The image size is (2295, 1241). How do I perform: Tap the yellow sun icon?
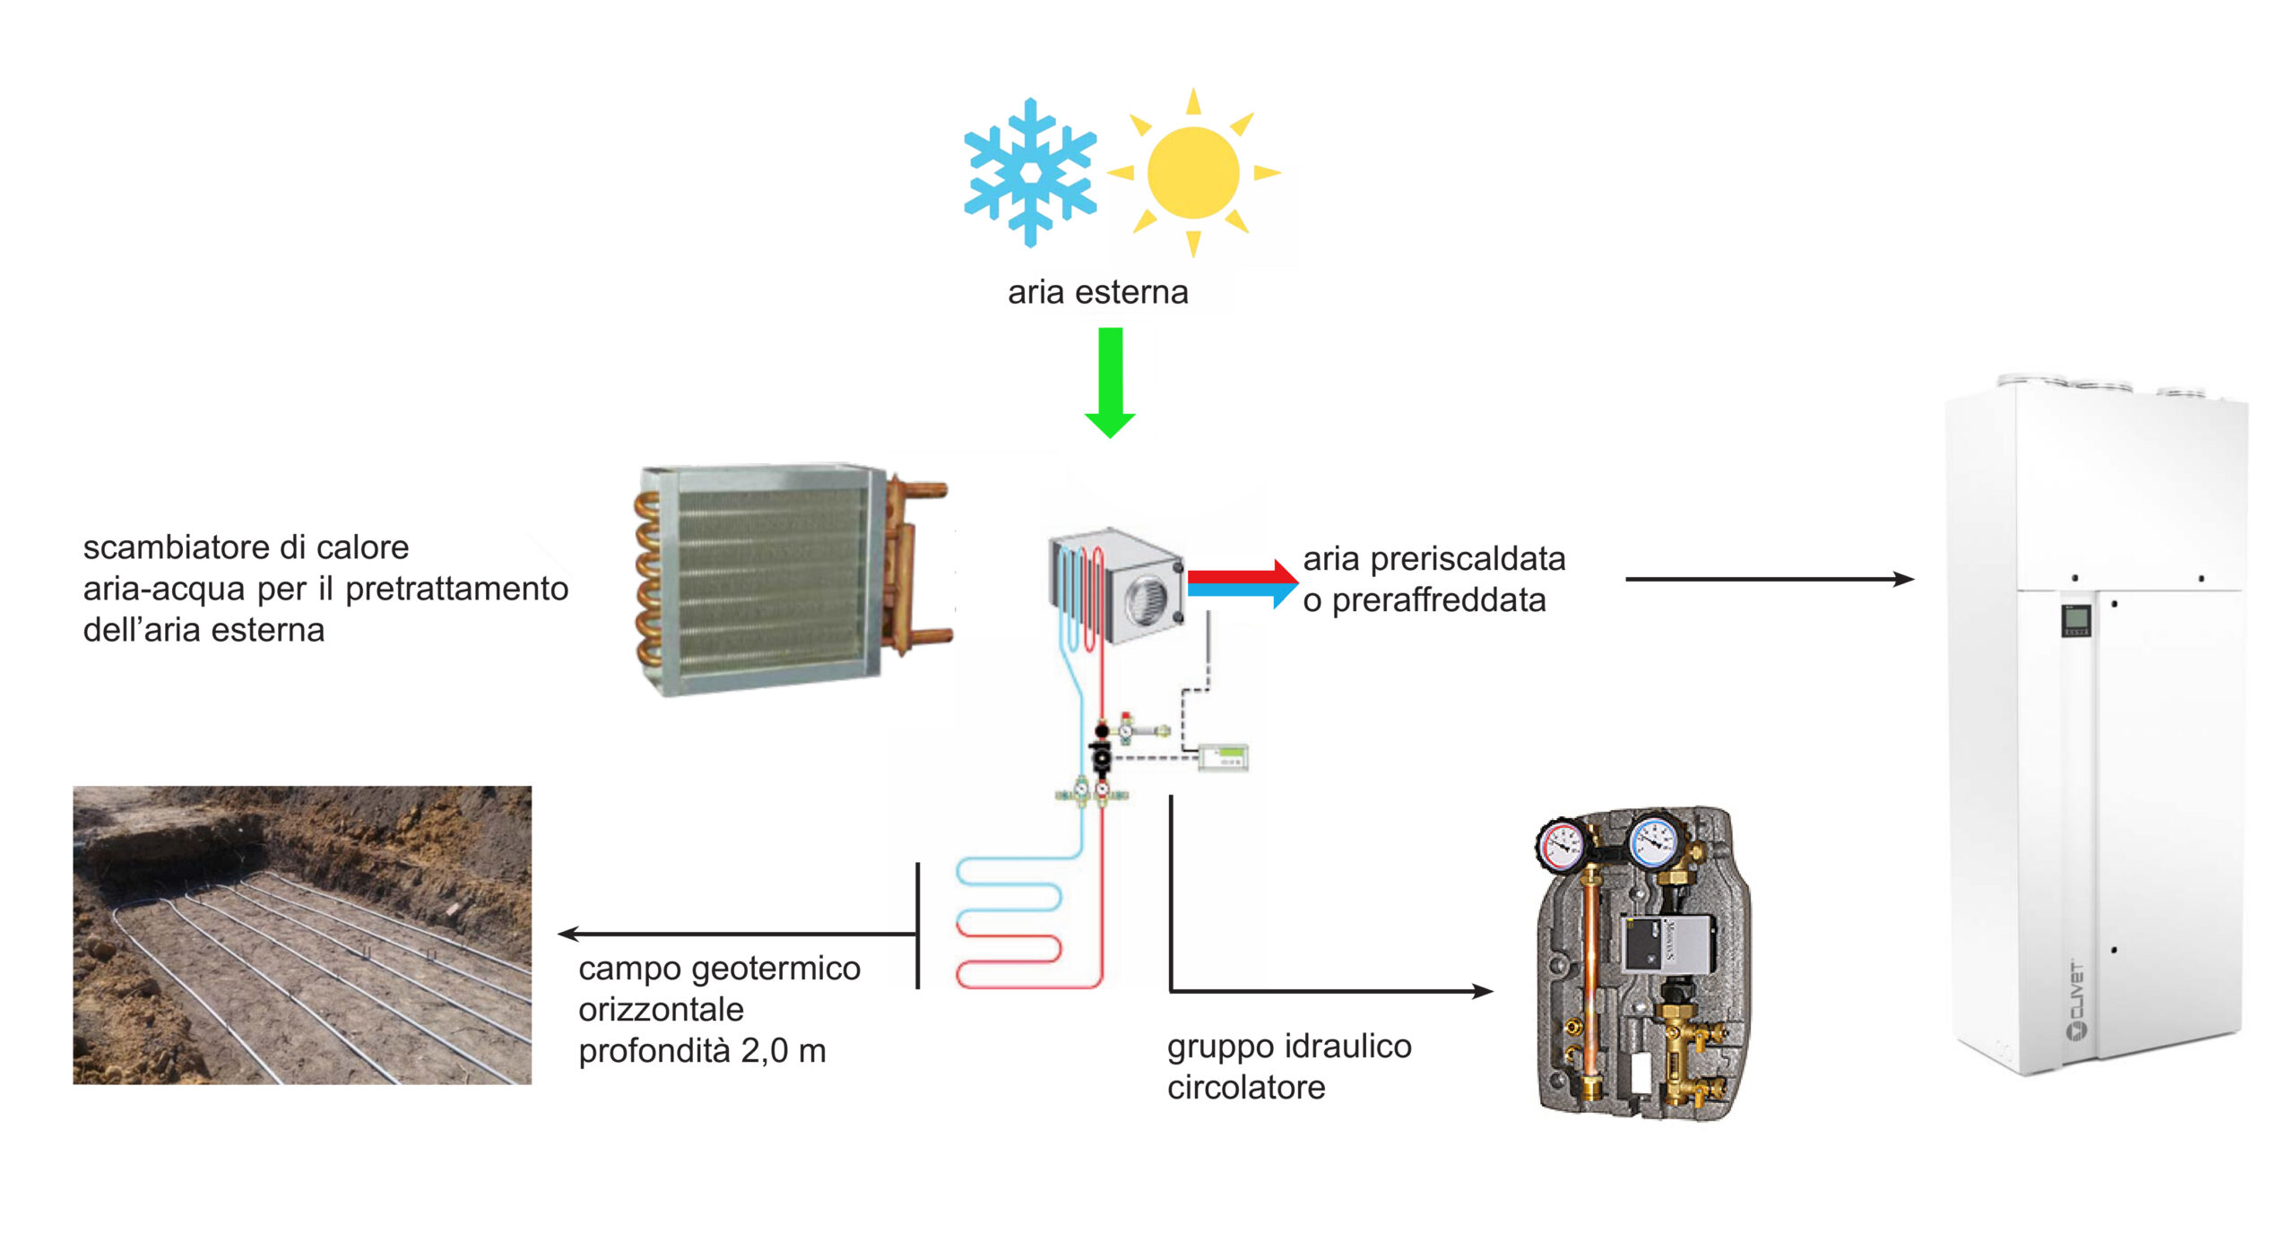point(1192,172)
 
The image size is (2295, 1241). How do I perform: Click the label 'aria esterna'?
point(1097,292)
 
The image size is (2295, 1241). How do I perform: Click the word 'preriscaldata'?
point(1468,559)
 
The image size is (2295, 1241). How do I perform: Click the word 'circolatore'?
point(1246,1088)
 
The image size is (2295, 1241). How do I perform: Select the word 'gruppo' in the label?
point(1221,1047)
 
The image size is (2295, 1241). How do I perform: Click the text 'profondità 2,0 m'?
point(702,1051)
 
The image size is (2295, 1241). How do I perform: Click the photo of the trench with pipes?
point(302,935)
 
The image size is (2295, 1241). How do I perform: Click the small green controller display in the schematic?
point(1225,756)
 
